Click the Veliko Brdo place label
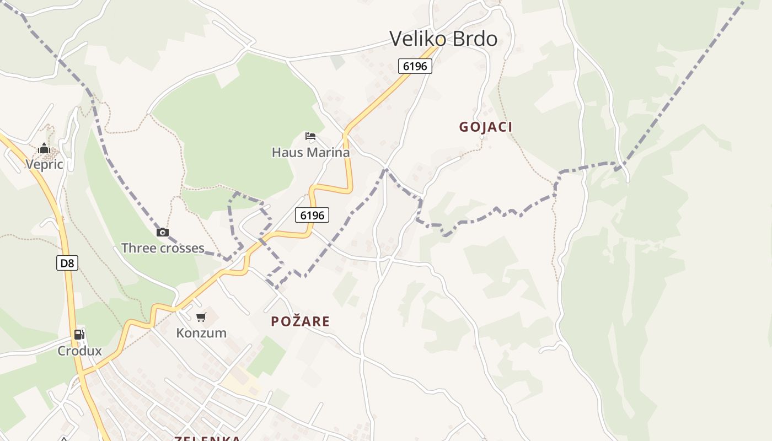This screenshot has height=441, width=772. [x=443, y=39]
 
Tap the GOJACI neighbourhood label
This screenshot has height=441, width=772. [x=486, y=127]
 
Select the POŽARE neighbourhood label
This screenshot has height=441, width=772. [x=300, y=321]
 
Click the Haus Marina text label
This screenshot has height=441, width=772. [x=310, y=152]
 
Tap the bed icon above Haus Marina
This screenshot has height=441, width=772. [x=310, y=136]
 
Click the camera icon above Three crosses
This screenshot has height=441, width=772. [x=162, y=232]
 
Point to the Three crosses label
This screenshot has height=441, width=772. [x=163, y=248]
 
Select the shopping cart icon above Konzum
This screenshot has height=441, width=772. [x=201, y=317]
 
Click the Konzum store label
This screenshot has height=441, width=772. [x=201, y=333]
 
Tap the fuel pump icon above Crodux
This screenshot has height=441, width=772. [x=79, y=334]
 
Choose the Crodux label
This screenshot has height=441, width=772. [x=80, y=351]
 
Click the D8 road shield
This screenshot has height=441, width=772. [x=67, y=263]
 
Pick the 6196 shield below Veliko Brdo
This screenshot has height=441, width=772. [x=415, y=66]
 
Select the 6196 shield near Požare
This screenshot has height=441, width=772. [x=312, y=215]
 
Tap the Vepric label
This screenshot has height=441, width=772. [x=44, y=164]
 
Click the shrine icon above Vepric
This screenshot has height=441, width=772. [x=44, y=148]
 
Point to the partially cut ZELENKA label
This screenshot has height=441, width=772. [x=207, y=438]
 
